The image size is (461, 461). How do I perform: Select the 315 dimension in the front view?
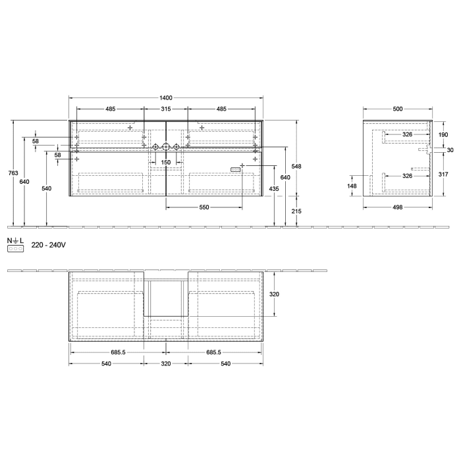coord(166,109)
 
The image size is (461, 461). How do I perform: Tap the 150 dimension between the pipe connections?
coord(166,162)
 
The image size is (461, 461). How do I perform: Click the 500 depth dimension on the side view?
coord(398,109)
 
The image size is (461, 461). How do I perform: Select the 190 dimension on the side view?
coord(443,134)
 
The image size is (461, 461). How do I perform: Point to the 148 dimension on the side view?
coord(353,186)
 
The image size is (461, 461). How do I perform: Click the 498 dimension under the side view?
coord(398,207)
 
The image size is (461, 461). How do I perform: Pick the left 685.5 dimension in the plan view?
coord(119,352)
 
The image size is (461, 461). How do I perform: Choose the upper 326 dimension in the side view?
coord(407,134)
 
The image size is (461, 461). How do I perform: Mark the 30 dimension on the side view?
coord(450,150)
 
